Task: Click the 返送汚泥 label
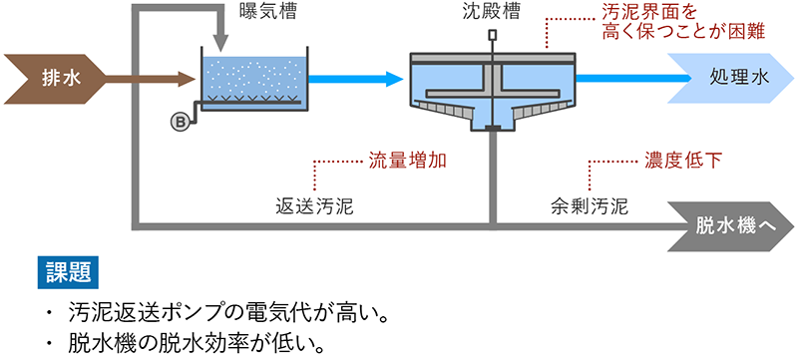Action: point(316,208)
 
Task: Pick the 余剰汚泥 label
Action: point(590,208)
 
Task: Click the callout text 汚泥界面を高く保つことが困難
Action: point(684,23)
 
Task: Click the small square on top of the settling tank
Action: point(492,36)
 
